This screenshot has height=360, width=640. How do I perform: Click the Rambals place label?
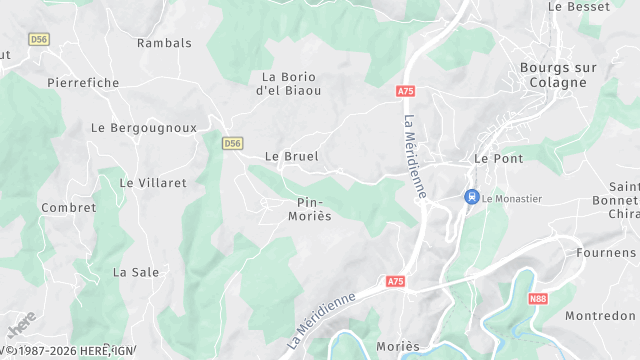(x=164, y=43)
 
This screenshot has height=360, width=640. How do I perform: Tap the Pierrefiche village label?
(x=83, y=83)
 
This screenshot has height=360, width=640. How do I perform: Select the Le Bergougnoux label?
(x=144, y=128)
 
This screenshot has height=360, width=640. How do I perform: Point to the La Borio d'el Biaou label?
(x=291, y=83)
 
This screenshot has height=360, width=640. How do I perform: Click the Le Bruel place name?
(x=291, y=157)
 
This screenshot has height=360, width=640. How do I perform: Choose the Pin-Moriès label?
(x=309, y=208)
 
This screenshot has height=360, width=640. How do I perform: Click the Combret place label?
(x=69, y=208)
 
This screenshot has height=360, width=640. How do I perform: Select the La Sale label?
(x=136, y=272)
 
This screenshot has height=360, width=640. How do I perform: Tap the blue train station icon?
(x=471, y=197)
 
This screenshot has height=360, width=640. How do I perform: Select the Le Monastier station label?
(x=511, y=198)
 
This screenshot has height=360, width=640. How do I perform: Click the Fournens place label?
(x=607, y=253)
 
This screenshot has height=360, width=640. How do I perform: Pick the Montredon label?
(x=600, y=316)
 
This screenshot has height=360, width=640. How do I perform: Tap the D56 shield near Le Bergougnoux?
(x=233, y=144)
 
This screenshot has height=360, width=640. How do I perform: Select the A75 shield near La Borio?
(x=405, y=91)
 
